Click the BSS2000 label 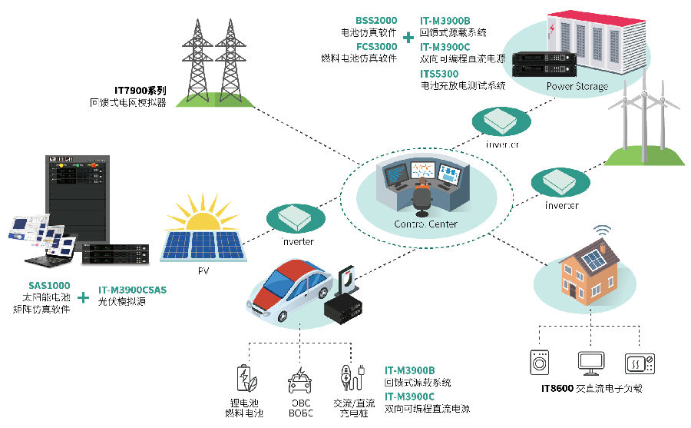[375, 20]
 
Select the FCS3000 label [375, 46]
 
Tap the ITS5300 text [438, 74]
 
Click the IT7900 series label [137, 90]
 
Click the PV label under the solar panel [203, 270]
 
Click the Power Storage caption [577, 86]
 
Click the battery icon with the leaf [244, 379]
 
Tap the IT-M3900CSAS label [132, 290]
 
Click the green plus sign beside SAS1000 [84, 295]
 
